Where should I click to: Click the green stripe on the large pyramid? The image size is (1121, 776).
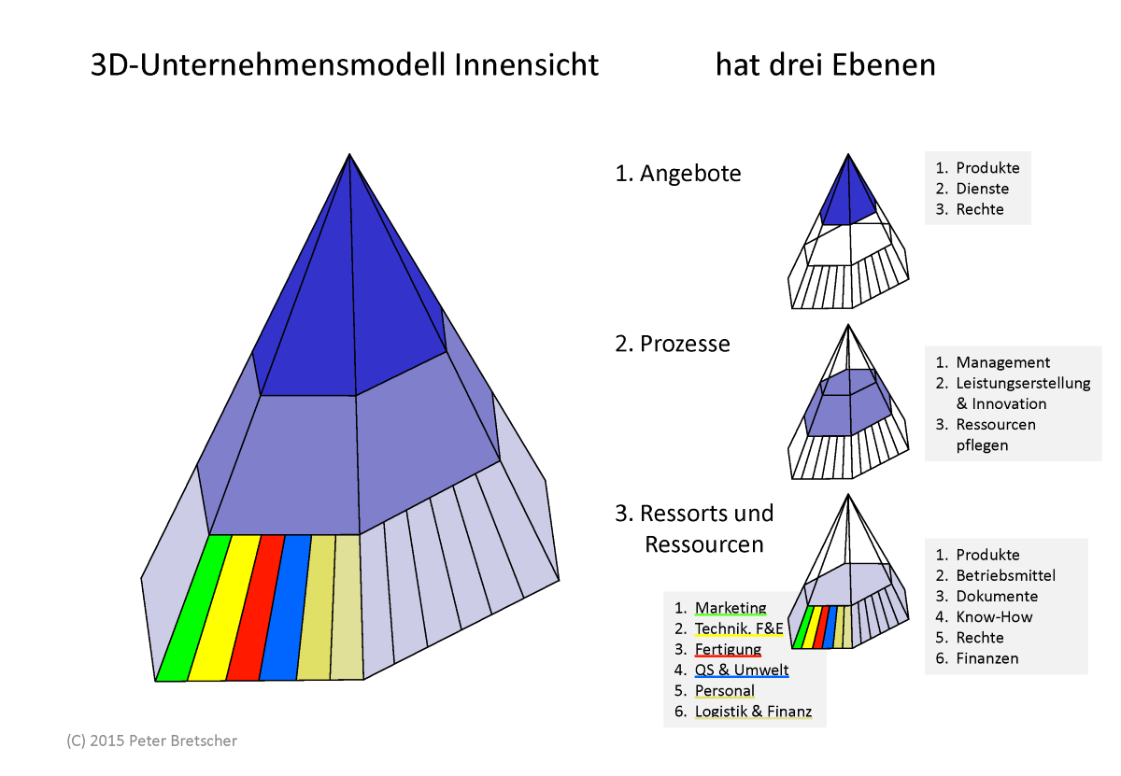193,608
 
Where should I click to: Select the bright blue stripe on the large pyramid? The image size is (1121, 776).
285,608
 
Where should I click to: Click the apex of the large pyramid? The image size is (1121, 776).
349,154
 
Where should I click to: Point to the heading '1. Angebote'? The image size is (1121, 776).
677,174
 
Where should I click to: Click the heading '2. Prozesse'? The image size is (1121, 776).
672,345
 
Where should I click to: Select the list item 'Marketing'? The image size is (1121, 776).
731,608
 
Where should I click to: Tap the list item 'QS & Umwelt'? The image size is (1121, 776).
742,670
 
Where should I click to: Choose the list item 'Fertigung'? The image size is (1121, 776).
728,649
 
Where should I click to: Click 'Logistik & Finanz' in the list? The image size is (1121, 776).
753,712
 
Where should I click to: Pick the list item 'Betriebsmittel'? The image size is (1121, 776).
1005,575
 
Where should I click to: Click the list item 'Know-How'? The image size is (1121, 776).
994,617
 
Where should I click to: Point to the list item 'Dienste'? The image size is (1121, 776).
983,189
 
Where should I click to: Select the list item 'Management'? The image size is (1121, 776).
1003,362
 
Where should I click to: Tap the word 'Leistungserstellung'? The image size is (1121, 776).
1023,383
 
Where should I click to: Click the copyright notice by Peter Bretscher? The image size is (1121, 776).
151,741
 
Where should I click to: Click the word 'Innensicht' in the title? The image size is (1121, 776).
526,64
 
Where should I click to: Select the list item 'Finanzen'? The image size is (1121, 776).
986,658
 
